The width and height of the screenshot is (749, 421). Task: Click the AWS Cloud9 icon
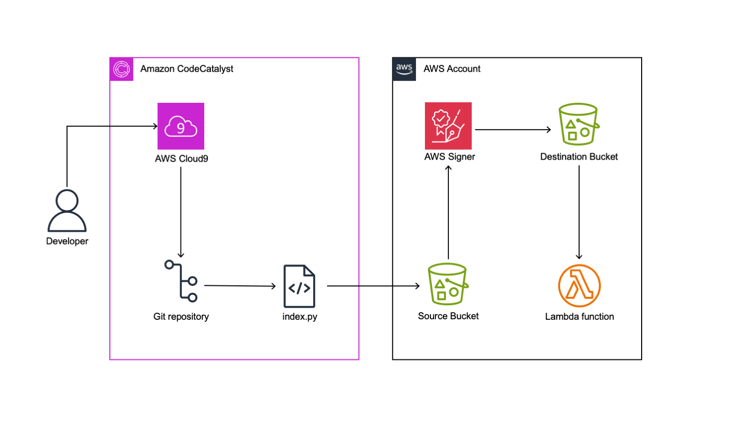tap(181, 126)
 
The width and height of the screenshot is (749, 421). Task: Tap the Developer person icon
tap(67, 211)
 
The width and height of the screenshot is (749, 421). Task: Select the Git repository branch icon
tap(181, 281)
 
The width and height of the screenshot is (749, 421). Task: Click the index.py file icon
tap(299, 286)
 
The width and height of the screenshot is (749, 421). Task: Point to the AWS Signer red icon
tap(448, 126)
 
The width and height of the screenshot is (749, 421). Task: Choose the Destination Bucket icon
tap(579, 124)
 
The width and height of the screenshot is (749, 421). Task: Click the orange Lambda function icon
tap(579, 286)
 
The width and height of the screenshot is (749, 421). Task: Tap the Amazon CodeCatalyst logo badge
tap(121, 69)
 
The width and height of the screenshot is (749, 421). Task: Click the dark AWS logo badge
tap(404, 69)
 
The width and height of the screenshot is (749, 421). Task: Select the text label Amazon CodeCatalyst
tap(187, 69)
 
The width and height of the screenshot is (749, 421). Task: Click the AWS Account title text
tap(452, 69)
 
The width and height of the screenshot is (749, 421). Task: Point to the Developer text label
tap(67, 241)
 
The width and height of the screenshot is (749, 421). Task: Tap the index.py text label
tap(300, 317)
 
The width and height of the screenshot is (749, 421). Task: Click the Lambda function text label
tap(579, 317)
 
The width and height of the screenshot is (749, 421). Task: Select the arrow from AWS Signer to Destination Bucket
tap(513, 130)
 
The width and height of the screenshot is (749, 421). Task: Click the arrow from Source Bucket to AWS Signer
tap(448, 212)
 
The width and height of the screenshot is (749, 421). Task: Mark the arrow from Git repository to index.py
tap(240, 286)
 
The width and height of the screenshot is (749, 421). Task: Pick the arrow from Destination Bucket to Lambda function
tap(579, 212)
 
